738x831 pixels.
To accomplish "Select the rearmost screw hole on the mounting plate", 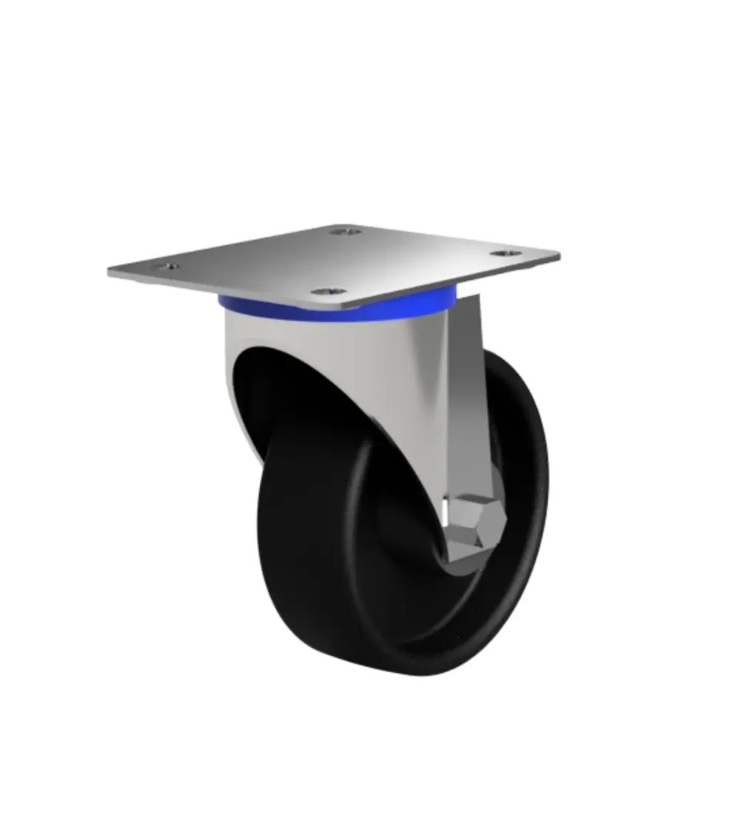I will (x=345, y=232).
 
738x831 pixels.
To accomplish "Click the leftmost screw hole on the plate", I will (x=167, y=267).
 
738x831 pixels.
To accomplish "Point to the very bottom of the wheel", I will (x=413, y=674).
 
